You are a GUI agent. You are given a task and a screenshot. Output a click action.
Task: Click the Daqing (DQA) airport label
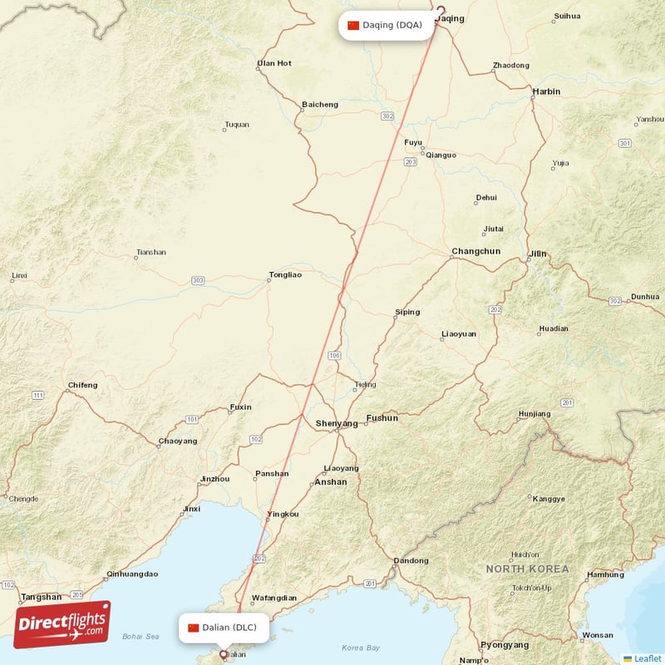pos(392,25)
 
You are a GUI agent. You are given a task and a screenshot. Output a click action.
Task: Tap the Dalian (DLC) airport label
pos(232,628)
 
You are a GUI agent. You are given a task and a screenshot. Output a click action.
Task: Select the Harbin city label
pos(546,91)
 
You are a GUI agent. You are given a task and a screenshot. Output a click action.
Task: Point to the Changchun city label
pos(475,251)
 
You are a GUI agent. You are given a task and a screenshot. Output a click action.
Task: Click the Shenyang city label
pos(337,423)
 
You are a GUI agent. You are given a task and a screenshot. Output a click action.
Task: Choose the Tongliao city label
pos(285,274)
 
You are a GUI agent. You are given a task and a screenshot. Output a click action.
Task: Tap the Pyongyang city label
pos(504,644)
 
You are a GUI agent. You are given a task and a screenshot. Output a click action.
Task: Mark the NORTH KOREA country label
pos(528,569)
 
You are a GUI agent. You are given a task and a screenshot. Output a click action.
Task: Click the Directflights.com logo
pos(62,624)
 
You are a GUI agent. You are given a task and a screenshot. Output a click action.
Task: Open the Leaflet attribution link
pos(648,658)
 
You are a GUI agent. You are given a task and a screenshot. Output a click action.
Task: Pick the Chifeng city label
pos(82,385)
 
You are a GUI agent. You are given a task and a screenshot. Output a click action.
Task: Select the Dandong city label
pos(411,560)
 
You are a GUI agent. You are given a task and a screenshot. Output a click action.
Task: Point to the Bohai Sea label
pos(140,637)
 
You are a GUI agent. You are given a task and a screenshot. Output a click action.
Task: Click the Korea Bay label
pos(361,648)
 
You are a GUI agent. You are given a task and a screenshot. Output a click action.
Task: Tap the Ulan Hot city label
pos(274,63)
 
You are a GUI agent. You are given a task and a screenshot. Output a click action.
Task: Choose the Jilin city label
pos(539,254)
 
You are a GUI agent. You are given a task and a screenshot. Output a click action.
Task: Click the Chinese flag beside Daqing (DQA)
pos(353,25)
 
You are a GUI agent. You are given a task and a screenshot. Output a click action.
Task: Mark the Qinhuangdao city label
pos(132,574)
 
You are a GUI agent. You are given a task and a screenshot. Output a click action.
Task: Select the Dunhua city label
pos(645,296)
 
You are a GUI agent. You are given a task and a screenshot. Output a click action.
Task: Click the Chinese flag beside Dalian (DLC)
pos(194,628)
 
